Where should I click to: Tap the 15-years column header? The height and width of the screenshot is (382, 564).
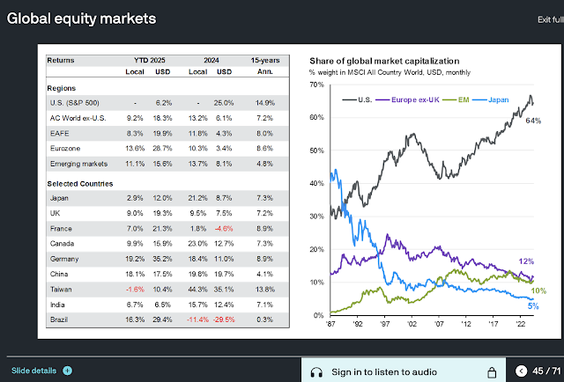[263, 61]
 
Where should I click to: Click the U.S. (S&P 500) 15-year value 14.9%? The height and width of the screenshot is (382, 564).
[264, 104]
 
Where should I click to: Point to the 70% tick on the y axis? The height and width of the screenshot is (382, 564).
[315, 84]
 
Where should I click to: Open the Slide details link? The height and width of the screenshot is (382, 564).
[34, 371]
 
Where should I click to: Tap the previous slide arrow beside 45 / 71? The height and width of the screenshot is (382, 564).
[522, 371]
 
